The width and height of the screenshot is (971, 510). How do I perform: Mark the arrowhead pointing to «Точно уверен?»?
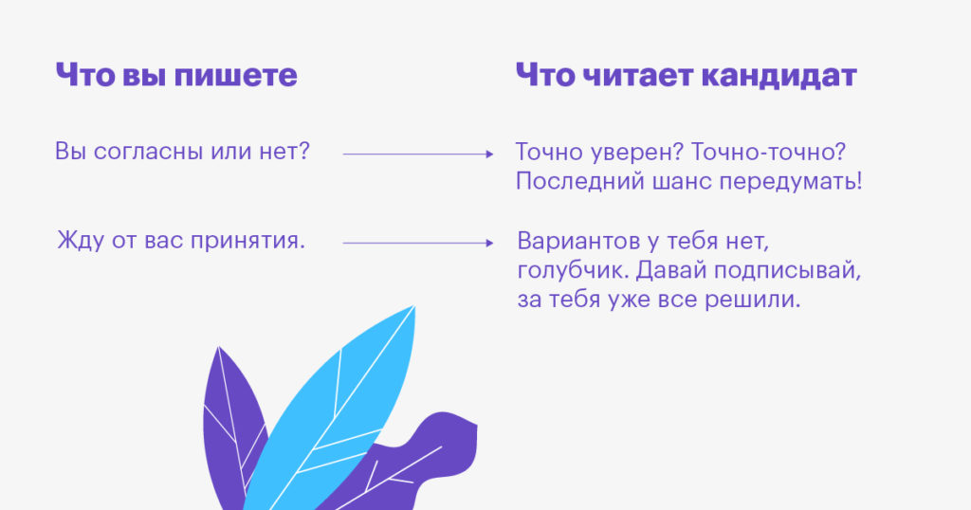(x=489, y=153)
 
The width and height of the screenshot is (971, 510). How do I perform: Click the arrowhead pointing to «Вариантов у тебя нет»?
(x=489, y=243)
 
